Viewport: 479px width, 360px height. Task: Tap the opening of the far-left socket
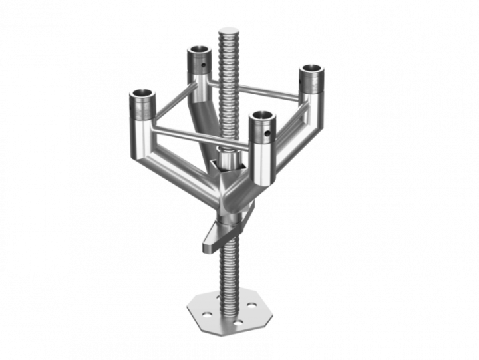pyautogui.click(x=142, y=94)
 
